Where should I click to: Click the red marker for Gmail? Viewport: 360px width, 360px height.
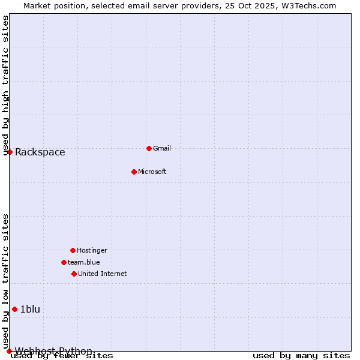(x=149, y=148)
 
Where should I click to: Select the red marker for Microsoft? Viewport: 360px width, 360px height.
(x=134, y=172)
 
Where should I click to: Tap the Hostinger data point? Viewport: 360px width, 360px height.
(x=73, y=250)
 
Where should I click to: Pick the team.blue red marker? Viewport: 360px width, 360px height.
(x=64, y=262)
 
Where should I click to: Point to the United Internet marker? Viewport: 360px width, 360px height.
(x=74, y=274)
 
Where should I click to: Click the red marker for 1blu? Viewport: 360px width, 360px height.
(x=14, y=309)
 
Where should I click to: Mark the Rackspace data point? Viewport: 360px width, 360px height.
(x=10, y=152)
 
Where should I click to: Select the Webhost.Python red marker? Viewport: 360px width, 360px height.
(x=9, y=351)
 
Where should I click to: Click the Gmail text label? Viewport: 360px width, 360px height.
(x=162, y=148)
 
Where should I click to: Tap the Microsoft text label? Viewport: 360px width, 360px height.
(x=152, y=172)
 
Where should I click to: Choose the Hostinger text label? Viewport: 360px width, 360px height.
(x=92, y=250)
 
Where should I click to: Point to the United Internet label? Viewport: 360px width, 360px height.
(x=102, y=274)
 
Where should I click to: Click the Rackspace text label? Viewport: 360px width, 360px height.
(x=40, y=152)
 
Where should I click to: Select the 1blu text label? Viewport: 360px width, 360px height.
(x=30, y=309)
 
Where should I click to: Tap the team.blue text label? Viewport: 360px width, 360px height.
(x=84, y=262)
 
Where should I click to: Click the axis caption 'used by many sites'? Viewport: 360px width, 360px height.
(x=301, y=356)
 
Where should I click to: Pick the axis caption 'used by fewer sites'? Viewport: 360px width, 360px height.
(x=62, y=356)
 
